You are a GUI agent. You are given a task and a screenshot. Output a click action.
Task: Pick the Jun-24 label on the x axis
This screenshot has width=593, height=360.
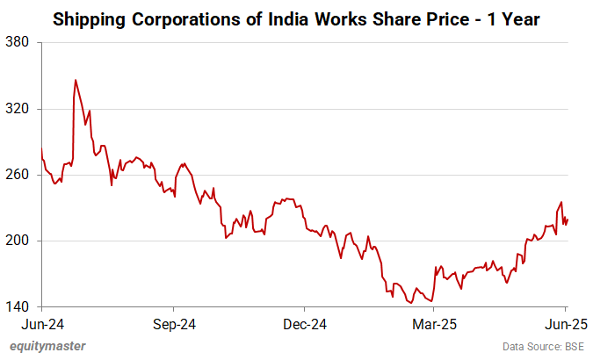point(42,323)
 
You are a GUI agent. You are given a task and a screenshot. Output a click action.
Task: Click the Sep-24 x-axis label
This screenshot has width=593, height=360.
point(173,323)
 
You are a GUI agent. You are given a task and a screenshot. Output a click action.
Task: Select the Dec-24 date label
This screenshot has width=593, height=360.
point(303,323)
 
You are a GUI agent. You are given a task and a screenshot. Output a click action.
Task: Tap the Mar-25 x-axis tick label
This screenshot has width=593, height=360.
point(432,323)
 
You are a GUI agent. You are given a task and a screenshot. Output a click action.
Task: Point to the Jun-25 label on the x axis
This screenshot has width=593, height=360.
point(562,323)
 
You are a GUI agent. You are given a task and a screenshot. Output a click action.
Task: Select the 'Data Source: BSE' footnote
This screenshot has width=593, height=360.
point(544,346)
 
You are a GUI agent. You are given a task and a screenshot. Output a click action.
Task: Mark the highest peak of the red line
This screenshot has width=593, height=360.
point(76,80)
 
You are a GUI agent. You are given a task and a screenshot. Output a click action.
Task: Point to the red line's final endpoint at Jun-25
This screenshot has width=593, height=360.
point(568,220)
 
